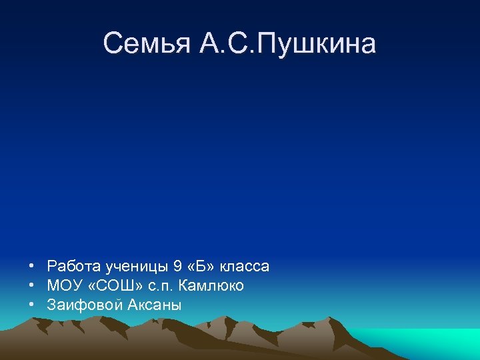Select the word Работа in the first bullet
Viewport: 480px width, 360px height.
(74, 267)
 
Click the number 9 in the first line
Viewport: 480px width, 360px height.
(177, 267)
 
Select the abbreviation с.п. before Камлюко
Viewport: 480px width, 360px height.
(161, 286)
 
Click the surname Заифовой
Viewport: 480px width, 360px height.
(81, 305)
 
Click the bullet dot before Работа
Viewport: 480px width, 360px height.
(32, 267)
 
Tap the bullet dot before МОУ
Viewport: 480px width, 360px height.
(32, 286)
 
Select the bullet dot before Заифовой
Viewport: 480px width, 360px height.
(32, 305)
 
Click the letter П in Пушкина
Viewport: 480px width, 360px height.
(265, 44)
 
